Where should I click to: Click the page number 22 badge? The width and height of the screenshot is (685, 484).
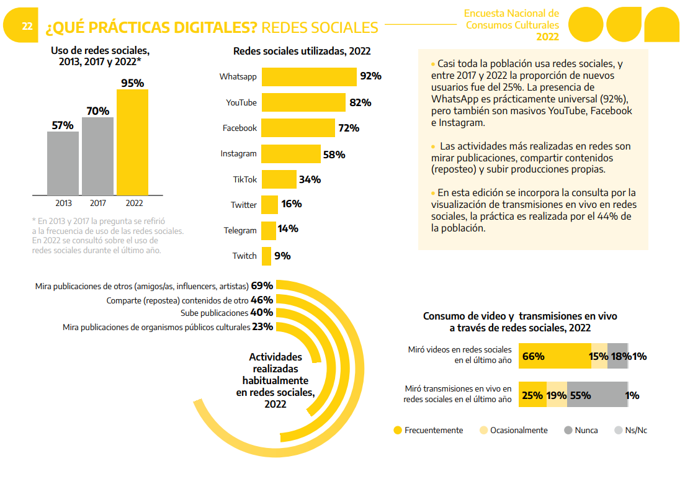[x=27, y=26]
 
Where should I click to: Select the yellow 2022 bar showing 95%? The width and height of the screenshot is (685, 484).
[x=132, y=143]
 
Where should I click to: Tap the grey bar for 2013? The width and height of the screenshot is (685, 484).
[x=63, y=163]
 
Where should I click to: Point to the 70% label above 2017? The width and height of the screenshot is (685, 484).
[x=97, y=111]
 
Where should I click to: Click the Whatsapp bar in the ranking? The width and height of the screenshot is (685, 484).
[x=309, y=76]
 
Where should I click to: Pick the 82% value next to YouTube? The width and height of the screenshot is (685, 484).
[x=360, y=102]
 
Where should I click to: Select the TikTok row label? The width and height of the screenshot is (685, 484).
[x=244, y=179]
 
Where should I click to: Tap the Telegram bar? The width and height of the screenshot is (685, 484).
[x=269, y=230]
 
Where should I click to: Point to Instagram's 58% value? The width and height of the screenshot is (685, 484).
[x=334, y=155]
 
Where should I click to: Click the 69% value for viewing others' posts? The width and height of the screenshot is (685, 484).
[x=262, y=286]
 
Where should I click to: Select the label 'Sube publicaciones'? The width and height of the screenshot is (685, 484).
[x=214, y=313]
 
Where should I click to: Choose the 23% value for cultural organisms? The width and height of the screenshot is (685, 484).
[x=262, y=327]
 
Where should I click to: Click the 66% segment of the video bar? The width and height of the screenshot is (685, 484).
[x=554, y=356]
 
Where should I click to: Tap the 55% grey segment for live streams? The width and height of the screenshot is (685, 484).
[x=596, y=395]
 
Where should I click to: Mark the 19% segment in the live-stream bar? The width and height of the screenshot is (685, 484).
[x=557, y=395]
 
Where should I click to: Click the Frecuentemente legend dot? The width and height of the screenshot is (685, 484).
[x=398, y=430]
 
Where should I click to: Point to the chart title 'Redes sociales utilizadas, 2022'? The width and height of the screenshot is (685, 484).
[x=302, y=52]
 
